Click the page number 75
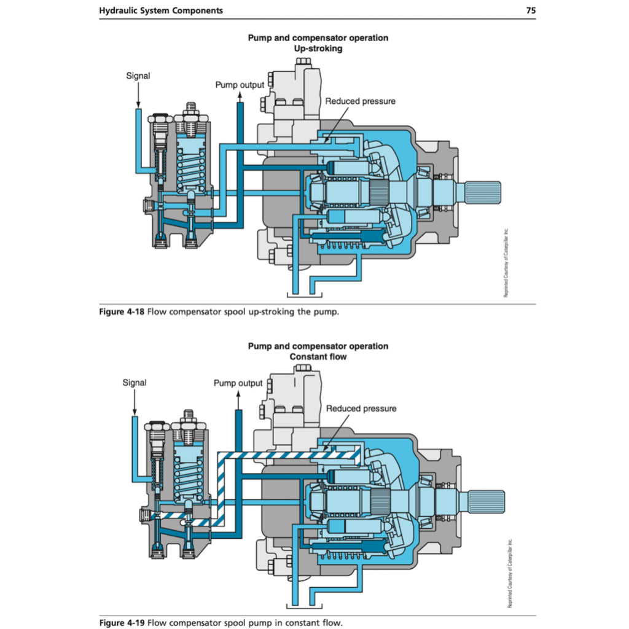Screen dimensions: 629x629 tap(531, 10)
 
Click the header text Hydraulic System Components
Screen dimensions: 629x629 tap(161, 10)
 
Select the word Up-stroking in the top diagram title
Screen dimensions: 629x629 tap(318, 49)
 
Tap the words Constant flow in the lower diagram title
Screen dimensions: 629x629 tap(318, 357)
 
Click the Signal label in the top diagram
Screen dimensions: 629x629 tap(138, 76)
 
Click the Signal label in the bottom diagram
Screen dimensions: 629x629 tap(135, 383)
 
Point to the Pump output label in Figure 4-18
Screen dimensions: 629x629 tap(240, 85)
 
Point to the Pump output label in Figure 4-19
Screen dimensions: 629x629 tap(238, 383)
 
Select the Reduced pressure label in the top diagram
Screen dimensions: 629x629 tap(360, 101)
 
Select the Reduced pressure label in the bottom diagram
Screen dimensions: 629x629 tap(361, 408)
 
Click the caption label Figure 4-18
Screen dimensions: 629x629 tap(122, 312)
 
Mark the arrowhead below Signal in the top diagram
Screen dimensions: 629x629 tap(138, 104)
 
